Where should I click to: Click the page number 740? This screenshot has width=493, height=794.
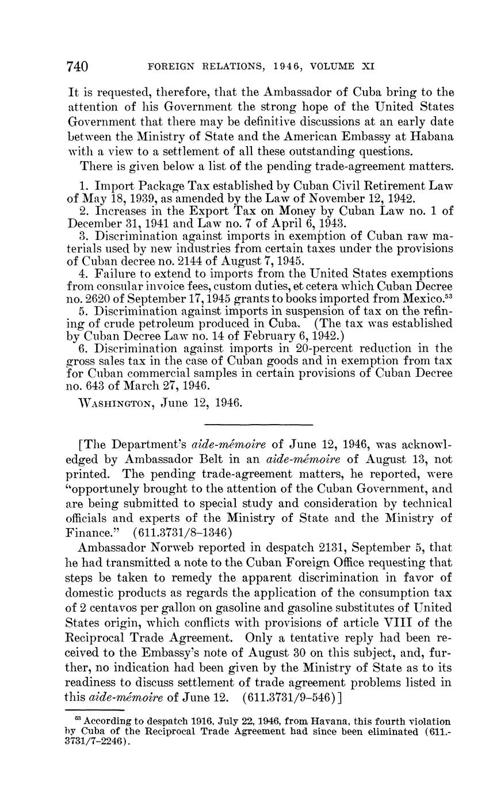coord(77,67)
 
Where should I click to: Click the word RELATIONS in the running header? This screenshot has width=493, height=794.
coord(217,67)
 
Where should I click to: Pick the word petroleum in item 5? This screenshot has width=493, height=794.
coord(164,323)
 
